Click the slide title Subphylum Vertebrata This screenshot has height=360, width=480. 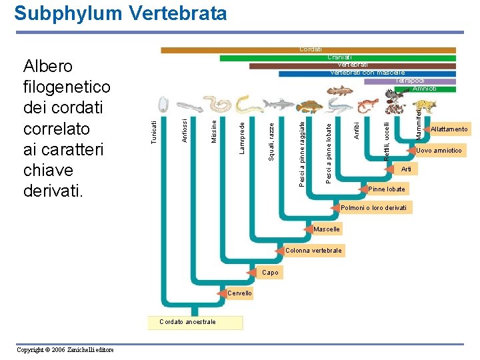[120, 13]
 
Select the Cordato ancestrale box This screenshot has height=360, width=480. [195, 323]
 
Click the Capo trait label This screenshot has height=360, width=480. [270, 273]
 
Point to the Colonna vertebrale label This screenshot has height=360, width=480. [313, 251]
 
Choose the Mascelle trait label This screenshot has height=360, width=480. [327, 229]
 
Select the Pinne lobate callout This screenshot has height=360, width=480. [387, 189]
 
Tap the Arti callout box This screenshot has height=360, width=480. [406, 170]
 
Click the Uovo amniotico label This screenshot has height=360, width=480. [438, 151]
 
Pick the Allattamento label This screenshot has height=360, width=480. [449, 129]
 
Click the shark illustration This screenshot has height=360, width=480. [278, 104]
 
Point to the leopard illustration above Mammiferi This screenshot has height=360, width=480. [424, 106]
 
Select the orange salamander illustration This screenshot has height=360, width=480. [367, 105]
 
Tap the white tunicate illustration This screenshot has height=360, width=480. [161, 103]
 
